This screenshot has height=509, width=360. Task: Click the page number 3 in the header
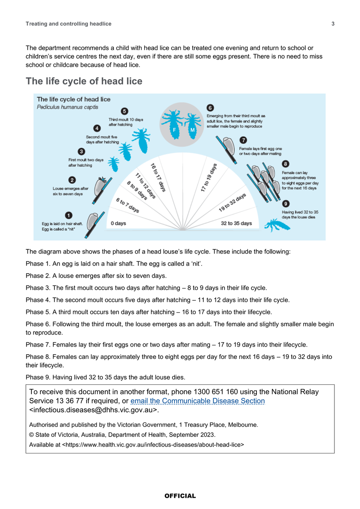333,24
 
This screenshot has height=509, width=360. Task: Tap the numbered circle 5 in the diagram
124,111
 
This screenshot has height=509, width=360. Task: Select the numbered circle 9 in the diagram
286,203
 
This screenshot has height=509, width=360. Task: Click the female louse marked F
173,124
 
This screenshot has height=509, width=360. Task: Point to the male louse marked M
192,126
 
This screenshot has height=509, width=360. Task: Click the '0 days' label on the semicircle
118,223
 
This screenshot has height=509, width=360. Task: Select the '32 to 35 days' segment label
236,223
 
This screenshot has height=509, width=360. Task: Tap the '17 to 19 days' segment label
208,177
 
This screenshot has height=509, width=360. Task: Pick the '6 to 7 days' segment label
127,205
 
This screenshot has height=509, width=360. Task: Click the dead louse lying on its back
277,225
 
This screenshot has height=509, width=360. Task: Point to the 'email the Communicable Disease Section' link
197,400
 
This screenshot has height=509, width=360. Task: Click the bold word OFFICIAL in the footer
180,496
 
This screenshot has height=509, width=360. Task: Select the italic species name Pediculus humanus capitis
67,107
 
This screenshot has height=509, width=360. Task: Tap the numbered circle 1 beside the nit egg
68,215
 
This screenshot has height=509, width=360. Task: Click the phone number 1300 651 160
216,392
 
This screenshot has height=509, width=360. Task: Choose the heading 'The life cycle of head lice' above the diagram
84,81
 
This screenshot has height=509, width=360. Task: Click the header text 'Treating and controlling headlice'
68,24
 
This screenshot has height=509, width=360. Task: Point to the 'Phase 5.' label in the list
38,312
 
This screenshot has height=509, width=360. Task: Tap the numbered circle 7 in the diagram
243,140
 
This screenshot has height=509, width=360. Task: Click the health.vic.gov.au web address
153,445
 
